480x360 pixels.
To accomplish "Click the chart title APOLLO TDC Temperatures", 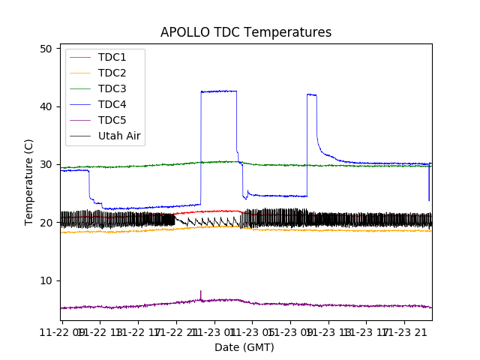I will tap(246, 32).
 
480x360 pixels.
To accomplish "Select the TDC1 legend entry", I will tap(112, 57).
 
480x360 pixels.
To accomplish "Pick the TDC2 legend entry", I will tap(112, 73).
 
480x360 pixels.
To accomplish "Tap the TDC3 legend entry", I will tap(112, 88).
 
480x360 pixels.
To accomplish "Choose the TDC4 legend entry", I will tap(112, 104).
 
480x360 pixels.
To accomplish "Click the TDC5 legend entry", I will tap(112, 120).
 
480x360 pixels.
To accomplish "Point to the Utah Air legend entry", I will tap(119, 136).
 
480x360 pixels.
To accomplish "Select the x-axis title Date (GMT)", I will tap(244, 347).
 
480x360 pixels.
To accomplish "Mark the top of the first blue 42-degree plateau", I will tap(218, 91).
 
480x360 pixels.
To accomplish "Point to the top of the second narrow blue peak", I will tap(311, 94).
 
